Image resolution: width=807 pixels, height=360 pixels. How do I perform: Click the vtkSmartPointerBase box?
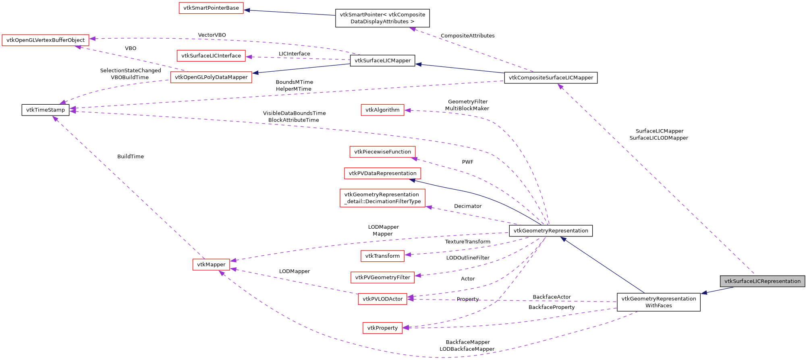[211, 8]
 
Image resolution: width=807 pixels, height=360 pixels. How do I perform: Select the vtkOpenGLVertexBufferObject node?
[46, 40]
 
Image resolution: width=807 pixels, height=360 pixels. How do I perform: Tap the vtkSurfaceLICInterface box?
[211, 56]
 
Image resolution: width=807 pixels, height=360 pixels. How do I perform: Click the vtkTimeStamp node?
[46, 110]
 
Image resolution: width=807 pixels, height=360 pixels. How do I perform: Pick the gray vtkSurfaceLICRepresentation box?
[762, 281]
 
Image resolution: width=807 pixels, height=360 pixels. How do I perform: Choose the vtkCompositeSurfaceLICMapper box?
[551, 78]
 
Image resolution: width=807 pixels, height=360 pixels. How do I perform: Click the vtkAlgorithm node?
[382, 110]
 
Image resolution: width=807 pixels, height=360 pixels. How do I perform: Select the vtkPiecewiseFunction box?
[382, 152]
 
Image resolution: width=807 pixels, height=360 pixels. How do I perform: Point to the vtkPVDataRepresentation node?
[382, 174]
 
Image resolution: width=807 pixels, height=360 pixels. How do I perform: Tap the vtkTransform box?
[382, 256]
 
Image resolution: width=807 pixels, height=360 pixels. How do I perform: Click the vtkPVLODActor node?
[382, 299]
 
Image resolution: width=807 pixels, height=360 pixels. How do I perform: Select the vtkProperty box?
[382, 328]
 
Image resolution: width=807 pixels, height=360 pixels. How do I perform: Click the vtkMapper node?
[211, 265]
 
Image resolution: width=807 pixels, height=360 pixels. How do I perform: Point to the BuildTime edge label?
[131, 157]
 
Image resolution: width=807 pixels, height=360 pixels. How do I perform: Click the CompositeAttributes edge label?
[467, 36]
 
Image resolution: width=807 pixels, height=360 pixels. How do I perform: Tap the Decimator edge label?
[468, 206]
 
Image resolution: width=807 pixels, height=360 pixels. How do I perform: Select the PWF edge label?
[467, 162]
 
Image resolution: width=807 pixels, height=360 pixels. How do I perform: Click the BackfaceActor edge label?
[552, 297]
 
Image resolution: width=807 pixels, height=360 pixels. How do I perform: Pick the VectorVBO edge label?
[212, 35]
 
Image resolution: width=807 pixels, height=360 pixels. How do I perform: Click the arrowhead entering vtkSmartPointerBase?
[247, 10]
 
